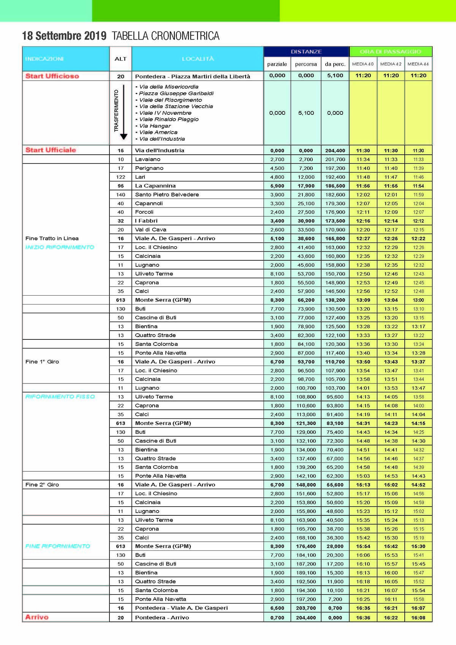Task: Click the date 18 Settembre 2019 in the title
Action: pos(64,36)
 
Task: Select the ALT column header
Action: pos(120,59)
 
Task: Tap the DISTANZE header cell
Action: pos(306,52)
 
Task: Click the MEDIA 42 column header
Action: pos(391,64)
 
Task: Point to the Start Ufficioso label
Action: pos(52,76)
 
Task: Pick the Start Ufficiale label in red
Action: pos(51,150)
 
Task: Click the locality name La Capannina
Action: pos(155,186)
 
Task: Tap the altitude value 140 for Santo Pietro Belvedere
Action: pos(120,195)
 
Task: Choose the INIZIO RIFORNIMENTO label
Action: pos(60,247)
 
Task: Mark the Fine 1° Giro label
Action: pos(42,361)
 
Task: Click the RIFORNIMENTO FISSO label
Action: pos(60,397)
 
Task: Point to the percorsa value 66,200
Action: pos(306,300)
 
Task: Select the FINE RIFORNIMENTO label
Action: pos(58,546)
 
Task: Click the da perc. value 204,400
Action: pos(335,151)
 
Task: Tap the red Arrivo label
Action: pos(37,617)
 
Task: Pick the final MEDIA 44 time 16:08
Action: pos(418,618)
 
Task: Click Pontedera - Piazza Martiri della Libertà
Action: pos(193,76)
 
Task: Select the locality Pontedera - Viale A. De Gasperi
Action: pos(181,608)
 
